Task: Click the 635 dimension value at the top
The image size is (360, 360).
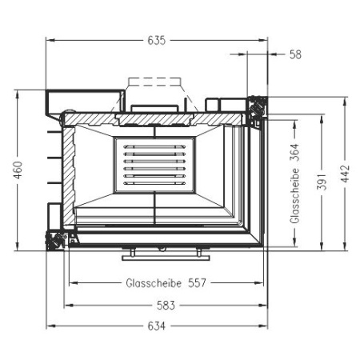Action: click(157, 41)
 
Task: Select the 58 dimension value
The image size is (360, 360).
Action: click(295, 54)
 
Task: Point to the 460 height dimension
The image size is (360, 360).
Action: click(18, 171)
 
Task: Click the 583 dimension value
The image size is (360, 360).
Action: click(166, 306)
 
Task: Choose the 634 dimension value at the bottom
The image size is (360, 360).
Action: click(157, 326)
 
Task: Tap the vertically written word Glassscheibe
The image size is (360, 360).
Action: click(294, 197)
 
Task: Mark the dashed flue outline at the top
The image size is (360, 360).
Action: click(155, 83)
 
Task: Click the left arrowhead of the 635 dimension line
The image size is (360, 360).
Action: click(49, 41)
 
